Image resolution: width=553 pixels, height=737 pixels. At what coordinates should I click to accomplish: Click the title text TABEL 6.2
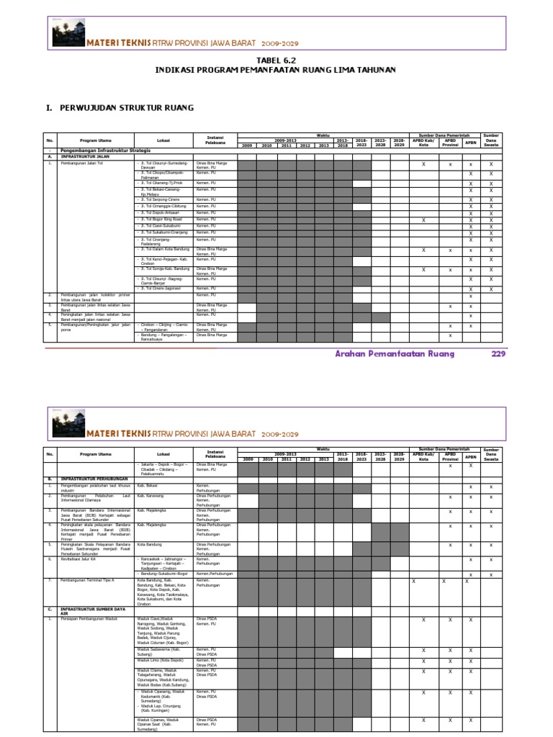[x=276, y=60]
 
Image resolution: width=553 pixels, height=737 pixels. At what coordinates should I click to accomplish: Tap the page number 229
[x=498, y=353]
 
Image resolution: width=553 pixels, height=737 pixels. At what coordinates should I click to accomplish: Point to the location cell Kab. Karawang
[x=151, y=496]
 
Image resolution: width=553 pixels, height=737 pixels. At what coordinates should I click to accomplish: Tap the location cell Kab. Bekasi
[x=148, y=486]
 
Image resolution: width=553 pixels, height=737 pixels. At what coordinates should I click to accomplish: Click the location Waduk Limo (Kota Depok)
[x=160, y=660]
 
